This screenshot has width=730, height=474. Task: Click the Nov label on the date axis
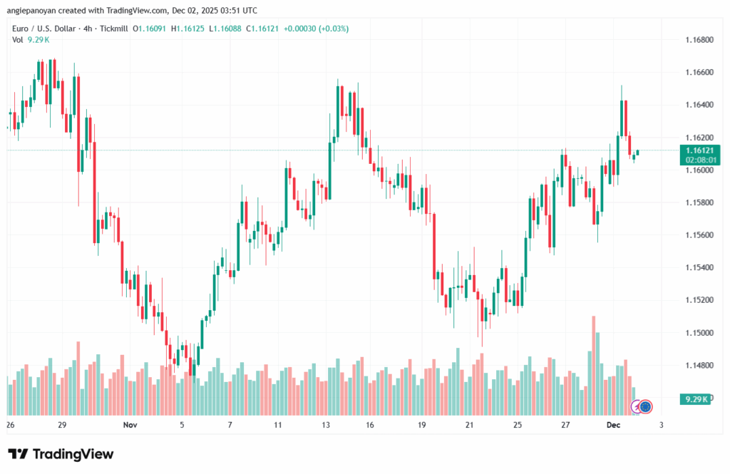pos(129,425)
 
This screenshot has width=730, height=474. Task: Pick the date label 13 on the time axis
pos(326,425)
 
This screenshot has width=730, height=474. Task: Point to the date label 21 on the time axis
pos(470,425)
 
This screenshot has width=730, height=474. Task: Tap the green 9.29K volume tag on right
pos(694,399)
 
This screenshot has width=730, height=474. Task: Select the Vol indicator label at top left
pos(17,40)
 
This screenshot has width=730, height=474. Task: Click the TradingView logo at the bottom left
pos(61,454)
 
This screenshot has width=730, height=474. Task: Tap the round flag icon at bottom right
pos(646,406)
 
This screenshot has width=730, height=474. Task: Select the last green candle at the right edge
pos(638,153)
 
